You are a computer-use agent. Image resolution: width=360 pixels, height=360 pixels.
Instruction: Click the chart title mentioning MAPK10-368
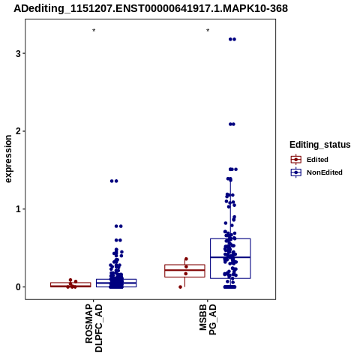coord(151,8)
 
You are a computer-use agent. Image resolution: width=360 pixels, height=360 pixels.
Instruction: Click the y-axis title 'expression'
coord(8,159)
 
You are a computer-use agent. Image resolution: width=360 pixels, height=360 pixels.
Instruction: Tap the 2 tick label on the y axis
coord(18,131)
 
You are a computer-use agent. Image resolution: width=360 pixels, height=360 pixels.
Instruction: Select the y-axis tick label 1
coord(18,209)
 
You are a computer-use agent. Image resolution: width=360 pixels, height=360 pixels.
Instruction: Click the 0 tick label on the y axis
coord(18,287)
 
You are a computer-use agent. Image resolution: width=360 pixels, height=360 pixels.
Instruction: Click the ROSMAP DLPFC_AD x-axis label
coord(94,328)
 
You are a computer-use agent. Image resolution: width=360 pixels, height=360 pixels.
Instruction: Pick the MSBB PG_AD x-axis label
coord(208,319)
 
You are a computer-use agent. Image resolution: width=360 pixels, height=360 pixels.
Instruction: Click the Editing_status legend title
coord(320,145)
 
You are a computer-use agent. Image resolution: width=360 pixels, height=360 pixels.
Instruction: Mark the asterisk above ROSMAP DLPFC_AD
coord(94,31)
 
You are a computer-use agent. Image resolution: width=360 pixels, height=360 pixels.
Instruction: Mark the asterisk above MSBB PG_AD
coord(208,31)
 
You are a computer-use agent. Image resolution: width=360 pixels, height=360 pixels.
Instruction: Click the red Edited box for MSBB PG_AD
coord(184,271)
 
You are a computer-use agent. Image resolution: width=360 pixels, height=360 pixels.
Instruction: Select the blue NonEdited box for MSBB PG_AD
coord(230,259)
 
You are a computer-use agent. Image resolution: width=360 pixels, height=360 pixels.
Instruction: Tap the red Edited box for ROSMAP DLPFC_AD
coord(70,284)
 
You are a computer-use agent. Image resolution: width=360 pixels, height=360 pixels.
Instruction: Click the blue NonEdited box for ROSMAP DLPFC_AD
coord(116,283)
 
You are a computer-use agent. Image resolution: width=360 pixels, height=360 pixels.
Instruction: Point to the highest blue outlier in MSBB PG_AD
coord(232,39)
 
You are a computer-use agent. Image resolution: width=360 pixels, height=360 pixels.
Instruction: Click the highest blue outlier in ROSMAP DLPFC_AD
coord(114,181)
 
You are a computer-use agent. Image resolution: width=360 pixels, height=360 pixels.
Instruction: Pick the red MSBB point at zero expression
coord(180,287)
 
